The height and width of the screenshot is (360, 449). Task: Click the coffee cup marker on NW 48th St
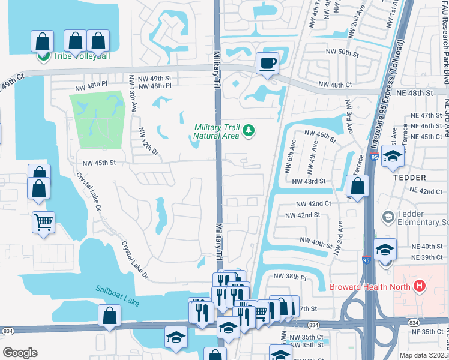[268, 62]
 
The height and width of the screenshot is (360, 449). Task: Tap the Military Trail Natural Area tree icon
[249, 130]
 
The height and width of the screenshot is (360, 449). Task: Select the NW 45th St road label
[98, 163]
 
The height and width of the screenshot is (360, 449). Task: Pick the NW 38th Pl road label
[290, 277]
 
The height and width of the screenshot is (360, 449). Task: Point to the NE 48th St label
[412, 94]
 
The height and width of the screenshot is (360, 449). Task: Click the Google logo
[20, 353]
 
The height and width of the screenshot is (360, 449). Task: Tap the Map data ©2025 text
[423, 355]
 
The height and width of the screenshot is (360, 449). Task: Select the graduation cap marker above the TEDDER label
[393, 157]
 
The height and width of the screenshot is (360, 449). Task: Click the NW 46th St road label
[321, 135]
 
